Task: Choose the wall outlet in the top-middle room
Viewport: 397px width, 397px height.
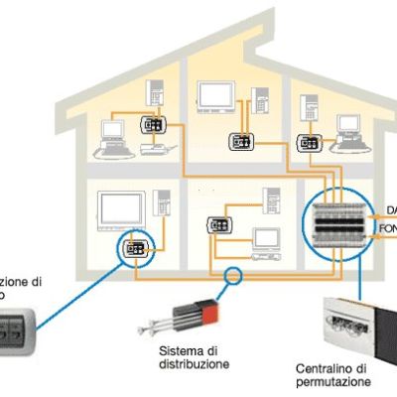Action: pyautogui.click(x=240, y=141)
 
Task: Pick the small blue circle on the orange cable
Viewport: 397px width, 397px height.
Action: pyautogui.click(x=233, y=277)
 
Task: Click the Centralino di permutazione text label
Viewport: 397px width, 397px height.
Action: pyautogui.click(x=332, y=375)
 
